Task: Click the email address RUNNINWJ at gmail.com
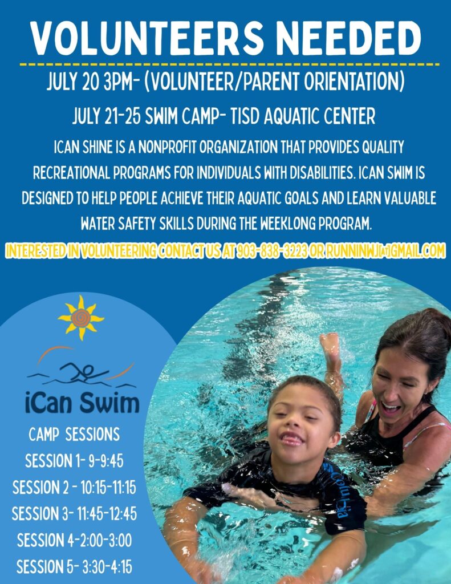[385, 251]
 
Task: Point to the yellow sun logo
[81, 318]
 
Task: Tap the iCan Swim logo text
[82, 403]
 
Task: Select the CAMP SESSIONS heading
[74, 434]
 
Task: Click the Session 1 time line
[74, 461]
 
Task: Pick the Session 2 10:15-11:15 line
[74, 487]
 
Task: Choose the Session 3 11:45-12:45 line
[74, 514]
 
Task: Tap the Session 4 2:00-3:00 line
[74, 540]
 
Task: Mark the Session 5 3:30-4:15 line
[74, 566]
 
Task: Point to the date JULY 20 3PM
[90, 82]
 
